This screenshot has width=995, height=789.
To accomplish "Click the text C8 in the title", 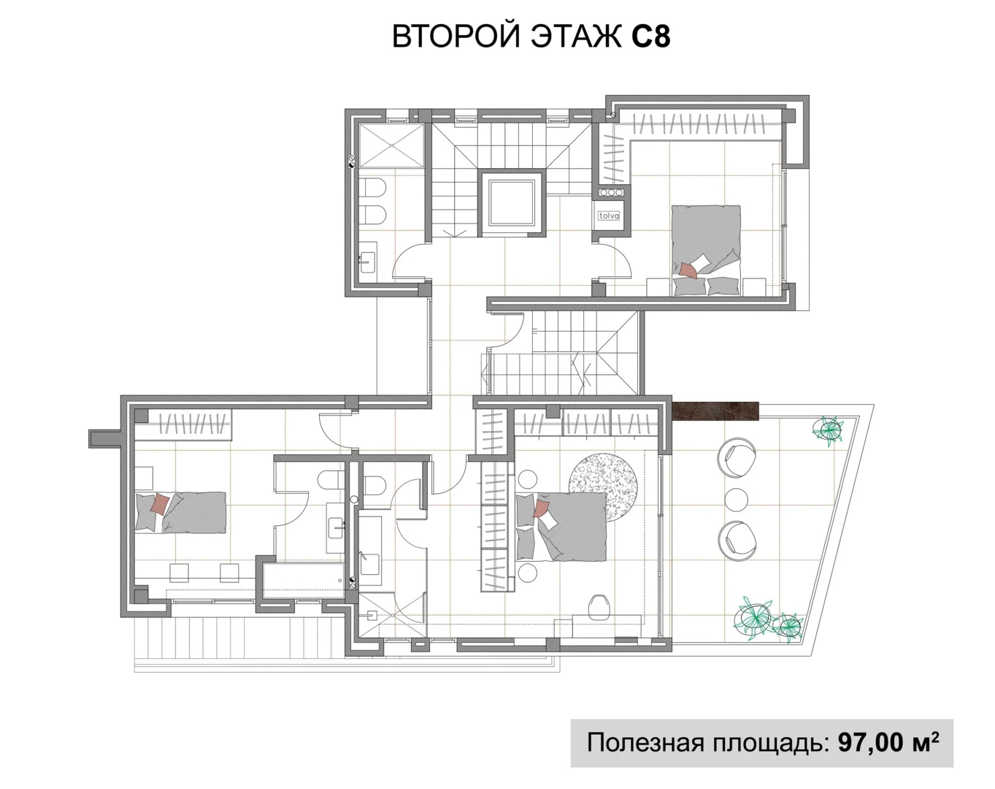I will pos(650,37).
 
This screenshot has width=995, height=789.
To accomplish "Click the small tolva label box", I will pos(609,216).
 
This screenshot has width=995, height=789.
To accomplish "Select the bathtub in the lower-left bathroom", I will pos(301,580).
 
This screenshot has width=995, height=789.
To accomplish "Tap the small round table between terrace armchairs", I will pos(737,500).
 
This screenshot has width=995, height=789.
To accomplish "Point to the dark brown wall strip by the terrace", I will pos(715,411).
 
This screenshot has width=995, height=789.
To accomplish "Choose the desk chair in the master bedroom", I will pos(599,606).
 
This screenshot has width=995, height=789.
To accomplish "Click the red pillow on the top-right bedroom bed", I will pos(688,270).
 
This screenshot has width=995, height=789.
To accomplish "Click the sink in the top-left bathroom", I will pos(366,259).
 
